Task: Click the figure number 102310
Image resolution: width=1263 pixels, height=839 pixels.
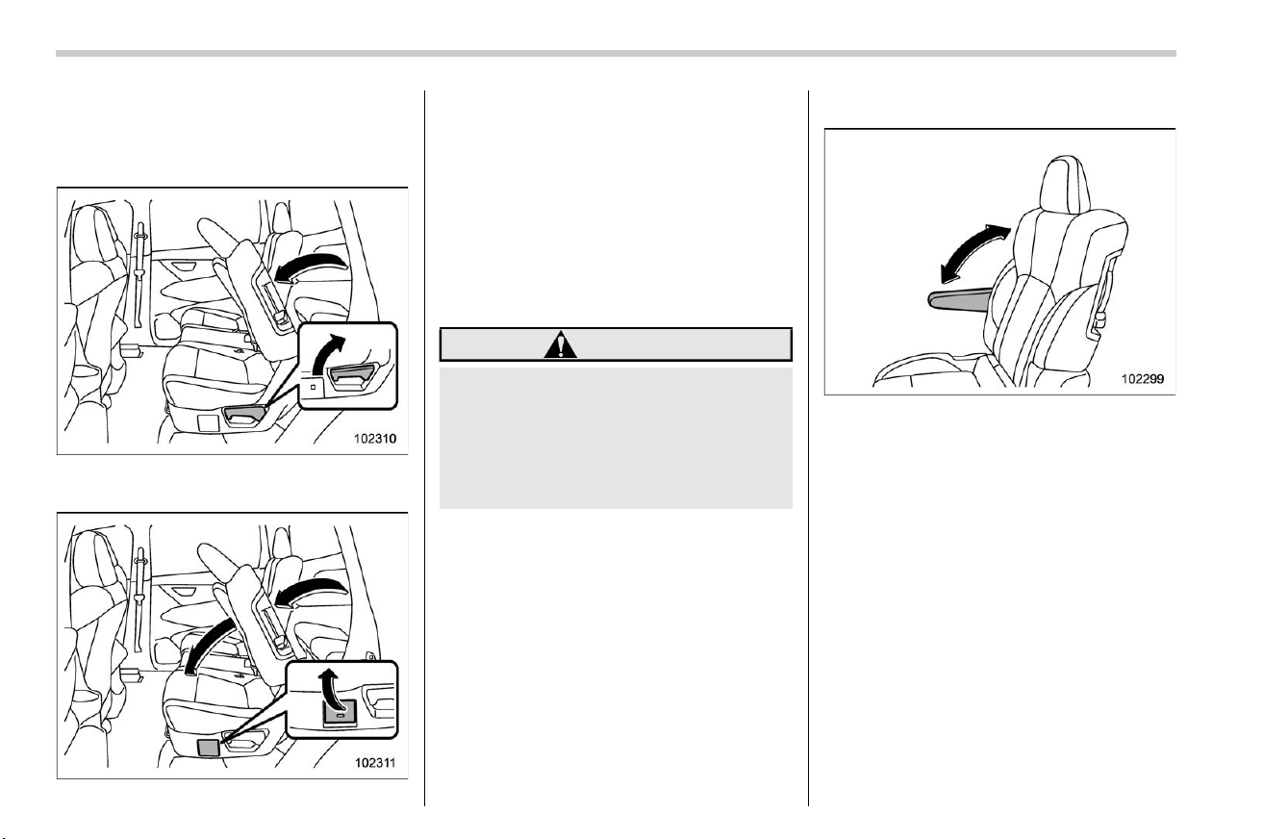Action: pyautogui.click(x=375, y=438)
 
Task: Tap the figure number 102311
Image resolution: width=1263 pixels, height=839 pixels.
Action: pyautogui.click(x=375, y=763)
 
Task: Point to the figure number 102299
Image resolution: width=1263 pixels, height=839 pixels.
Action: pyautogui.click(x=1143, y=379)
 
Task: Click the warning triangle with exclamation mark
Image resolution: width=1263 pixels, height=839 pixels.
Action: pyautogui.click(x=560, y=345)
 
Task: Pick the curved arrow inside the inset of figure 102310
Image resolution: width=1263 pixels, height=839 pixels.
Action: pyautogui.click(x=328, y=353)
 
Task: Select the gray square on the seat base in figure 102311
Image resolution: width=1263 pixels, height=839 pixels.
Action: pyautogui.click(x=209, y=747)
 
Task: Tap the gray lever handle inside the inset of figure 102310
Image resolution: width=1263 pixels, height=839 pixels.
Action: pyautogui.click(x=352, y=376)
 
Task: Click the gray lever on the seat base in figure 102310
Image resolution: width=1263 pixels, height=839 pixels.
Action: pyautogui.click(x=244, y=416)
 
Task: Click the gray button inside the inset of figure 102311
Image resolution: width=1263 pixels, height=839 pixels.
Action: pyautogui.click(x=340, y=713)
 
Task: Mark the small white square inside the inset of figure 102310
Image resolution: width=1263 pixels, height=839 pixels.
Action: pyautogui.click(x=313, y=388)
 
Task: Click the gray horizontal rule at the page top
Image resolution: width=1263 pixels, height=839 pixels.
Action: pyautogui.click(x=616, y=54)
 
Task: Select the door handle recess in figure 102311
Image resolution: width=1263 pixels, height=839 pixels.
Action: pyautogui.click(x=183, y=592)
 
